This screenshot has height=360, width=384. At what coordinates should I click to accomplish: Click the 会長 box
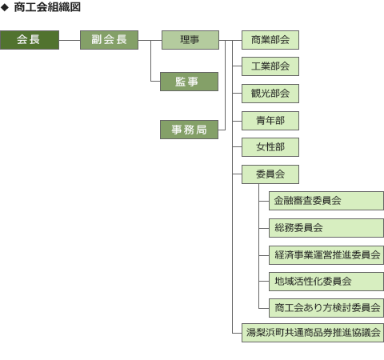[30, 40]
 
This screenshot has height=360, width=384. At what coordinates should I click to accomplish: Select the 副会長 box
[109, 40]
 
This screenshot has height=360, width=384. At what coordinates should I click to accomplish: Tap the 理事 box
[190, 40]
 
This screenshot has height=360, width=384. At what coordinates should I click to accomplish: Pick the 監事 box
[189, 82]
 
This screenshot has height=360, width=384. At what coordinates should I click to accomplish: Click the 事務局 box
[189, 130]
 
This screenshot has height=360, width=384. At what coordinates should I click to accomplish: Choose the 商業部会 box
[270, 40]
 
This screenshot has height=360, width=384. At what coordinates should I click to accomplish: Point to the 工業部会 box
[270, 66]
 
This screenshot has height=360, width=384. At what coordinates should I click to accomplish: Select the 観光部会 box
[270, 94]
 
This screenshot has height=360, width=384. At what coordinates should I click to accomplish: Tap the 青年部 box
[270, 121]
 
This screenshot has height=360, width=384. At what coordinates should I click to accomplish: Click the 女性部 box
[270, 147]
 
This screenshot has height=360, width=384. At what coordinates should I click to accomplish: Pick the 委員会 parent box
[270, 174]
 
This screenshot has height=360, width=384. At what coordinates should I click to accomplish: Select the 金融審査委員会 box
[326, 201]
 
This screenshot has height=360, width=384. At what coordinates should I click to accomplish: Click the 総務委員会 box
[326, 228]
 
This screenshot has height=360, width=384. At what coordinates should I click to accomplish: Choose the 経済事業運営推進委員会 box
[326, 255]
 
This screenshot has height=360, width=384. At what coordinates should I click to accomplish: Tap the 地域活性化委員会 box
[326, 282]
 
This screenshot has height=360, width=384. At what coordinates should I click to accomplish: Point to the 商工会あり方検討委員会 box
[326, 308]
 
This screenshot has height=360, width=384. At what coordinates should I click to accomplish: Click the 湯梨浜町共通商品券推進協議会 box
[313, 333]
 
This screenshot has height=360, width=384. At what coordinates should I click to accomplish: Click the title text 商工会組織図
[47, 7]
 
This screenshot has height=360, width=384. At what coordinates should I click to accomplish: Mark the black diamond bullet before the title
[5, 7]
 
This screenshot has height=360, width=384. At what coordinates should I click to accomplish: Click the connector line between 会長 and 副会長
[70, 40]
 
